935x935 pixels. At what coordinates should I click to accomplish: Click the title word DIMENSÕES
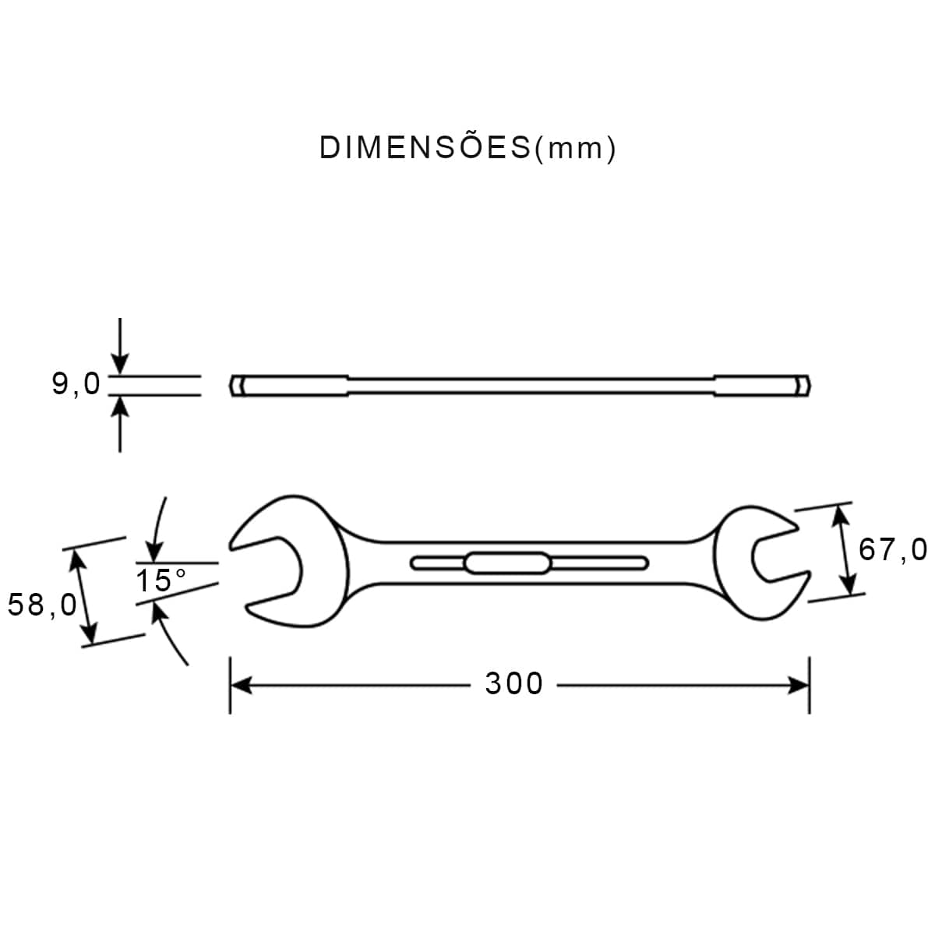[x=425, y=147]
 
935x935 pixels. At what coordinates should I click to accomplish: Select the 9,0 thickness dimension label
[x=76, y=384]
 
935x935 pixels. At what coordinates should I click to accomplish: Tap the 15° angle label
[x=161, y=580]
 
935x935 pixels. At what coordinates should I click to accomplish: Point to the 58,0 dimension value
[x=42, y=605]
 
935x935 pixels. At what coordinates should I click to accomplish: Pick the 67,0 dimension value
[x=893, y=550]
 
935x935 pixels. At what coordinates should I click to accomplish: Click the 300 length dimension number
[x=514, y=684]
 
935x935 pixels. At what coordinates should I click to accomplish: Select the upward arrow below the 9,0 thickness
[x=119, y=425]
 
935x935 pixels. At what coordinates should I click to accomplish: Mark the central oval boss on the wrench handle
[x=507, y=563]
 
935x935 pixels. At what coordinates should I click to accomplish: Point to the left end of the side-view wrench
[x=238, y=386]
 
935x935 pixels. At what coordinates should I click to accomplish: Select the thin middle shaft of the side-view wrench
[x=530, y=386]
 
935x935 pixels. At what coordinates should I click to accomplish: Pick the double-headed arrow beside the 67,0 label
[x=845, y=549]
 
